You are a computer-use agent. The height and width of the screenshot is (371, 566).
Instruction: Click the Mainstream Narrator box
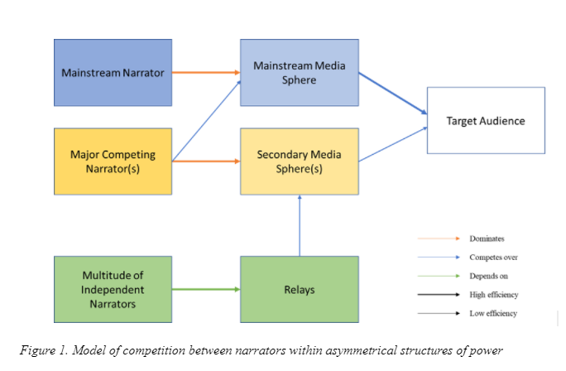tap(113, 73)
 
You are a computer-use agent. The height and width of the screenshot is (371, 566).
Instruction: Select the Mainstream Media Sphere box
tap(300, 73)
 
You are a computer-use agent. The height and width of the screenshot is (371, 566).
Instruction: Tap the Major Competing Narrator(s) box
tap(113, 161)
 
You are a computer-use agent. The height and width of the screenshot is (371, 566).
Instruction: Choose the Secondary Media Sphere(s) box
tap(300, 161)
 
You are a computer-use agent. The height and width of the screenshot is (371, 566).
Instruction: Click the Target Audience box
tap(486, 120)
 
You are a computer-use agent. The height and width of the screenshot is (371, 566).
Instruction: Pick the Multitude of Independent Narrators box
tap(113, 289)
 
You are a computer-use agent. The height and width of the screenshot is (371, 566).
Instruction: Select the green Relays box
tap(300, 289)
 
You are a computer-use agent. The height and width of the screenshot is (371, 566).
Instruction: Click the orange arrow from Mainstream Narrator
tap(206, 73)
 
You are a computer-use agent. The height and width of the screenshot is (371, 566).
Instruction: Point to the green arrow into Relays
tap(206, 289)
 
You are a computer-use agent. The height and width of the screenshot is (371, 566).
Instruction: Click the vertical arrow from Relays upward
tap(300, 226)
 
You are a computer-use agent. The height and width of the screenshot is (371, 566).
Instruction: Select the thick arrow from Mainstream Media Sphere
tap(393, 94)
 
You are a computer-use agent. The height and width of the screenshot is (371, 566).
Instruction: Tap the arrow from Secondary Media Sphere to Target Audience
tap(393, 144)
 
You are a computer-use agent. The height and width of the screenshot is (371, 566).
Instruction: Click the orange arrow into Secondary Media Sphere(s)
tap(206, 161)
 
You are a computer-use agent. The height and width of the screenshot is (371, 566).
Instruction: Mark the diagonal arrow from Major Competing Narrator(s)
tap(206, 121)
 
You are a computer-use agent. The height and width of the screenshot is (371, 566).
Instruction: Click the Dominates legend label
tap(487, 238)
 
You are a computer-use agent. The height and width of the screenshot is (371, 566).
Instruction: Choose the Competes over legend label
tap(493, 258)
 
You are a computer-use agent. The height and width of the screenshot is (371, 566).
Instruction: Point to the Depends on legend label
tap(488, 276)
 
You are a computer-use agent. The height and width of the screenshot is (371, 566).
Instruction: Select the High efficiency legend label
tap(494, 295)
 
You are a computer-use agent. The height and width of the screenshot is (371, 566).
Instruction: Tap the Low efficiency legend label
tap(493, 314)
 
